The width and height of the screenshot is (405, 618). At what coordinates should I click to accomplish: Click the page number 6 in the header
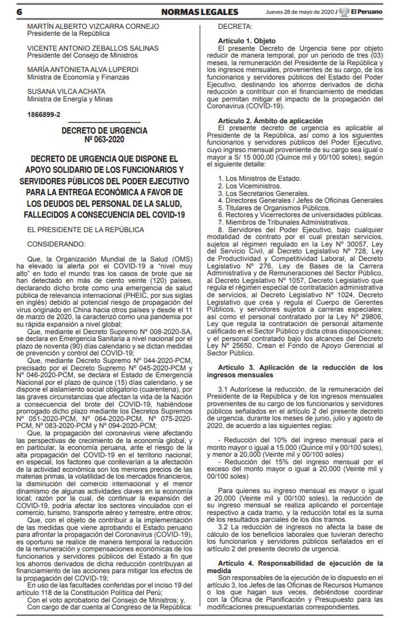pos(19,12)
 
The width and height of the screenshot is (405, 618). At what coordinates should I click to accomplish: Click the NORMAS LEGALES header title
pos(200,12)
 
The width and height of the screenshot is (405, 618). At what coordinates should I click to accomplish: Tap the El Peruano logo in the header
pos(361,12)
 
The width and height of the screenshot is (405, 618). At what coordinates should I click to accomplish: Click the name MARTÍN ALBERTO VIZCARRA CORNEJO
pos(93,26)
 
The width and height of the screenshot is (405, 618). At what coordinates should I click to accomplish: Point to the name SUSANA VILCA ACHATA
pos(66,91)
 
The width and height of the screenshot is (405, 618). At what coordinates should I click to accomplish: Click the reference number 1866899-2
pos(43,115)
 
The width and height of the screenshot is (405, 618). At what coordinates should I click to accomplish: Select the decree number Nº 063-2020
pos(104,139)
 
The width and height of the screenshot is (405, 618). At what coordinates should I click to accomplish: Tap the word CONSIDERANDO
pos(56,244)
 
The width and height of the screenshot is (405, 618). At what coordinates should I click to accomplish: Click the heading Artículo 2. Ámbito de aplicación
pos(270,121)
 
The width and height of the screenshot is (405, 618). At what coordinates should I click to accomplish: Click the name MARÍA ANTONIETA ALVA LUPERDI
pos(83,69)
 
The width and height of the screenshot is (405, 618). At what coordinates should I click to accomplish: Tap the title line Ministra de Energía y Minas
pos(70,99)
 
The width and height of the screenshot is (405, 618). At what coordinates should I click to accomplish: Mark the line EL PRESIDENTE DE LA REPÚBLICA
pos(86,230)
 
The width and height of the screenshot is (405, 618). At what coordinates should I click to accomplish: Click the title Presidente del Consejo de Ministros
pos(82,55)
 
